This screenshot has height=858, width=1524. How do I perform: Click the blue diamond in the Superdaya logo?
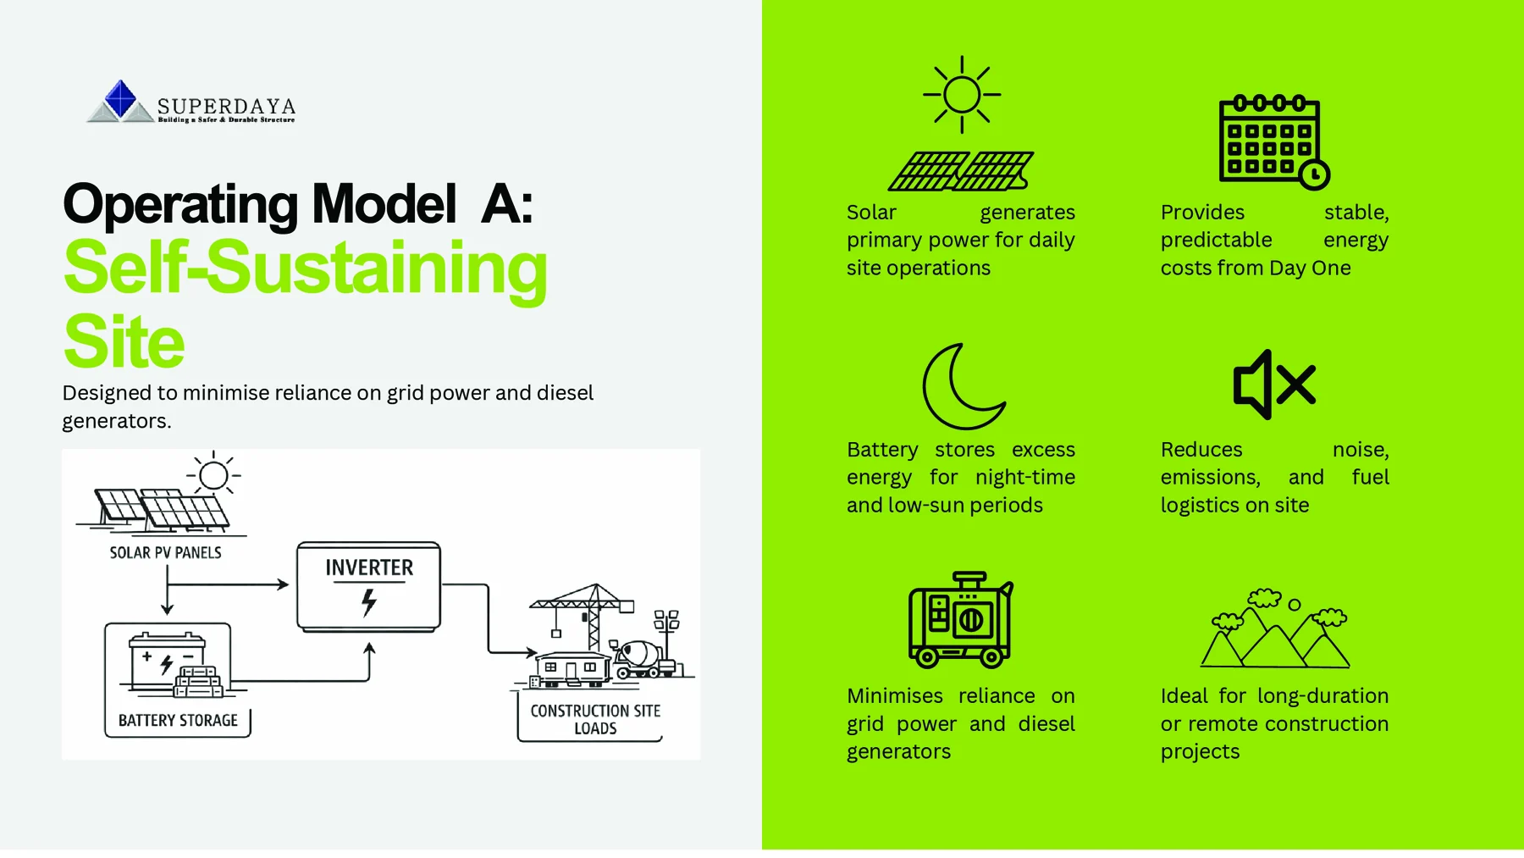(x=120, y=98)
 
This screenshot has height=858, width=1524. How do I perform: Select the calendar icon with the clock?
(x=1274, y=141)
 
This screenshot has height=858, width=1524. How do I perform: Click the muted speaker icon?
(x=1274, y=385)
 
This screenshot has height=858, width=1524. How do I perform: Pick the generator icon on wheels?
(x=961, y=619)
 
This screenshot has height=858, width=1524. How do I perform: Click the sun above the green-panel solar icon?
(x=962, y=94)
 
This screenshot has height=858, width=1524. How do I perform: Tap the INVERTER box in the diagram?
(x=369, y=587)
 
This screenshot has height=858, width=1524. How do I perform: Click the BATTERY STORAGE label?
(x=178, y=721)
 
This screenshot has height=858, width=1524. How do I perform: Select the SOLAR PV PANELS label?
(x=165, y=553)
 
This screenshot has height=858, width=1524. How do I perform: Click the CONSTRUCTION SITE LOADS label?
(x=595, y=719)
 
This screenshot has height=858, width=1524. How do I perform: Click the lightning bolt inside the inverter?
(x=368, y=602)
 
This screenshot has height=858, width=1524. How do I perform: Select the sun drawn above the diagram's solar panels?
(x=213, y=475)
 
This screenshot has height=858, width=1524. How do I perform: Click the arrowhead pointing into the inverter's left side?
(x=284, y=584)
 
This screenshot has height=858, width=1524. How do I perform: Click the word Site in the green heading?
(x=124, y=341)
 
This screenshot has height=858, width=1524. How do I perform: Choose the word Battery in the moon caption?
(x=882, y=450)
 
